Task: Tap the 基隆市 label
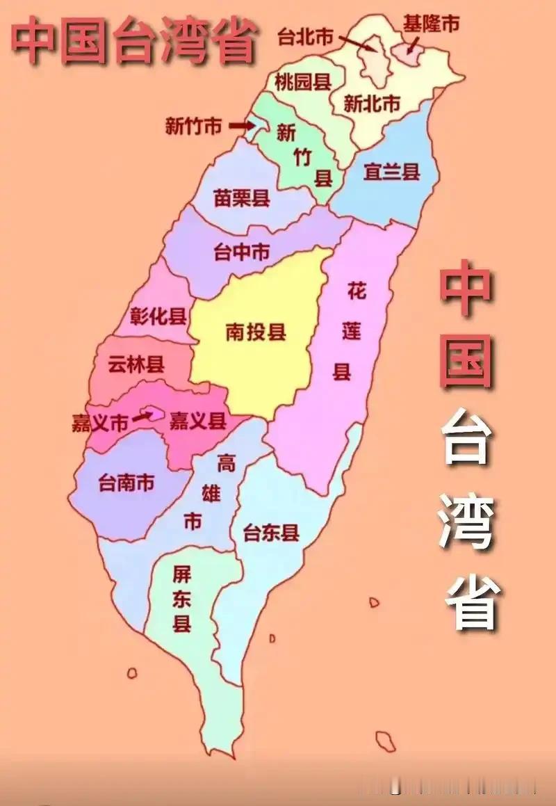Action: tap(431, 24)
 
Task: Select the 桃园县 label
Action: tap(302, 81)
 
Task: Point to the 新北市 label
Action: tap(372, 104)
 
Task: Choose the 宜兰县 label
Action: tap(392, 171)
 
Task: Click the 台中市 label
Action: tap(241, 252)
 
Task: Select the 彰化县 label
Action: tap(159, 317)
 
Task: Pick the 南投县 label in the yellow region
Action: tap(256, 332)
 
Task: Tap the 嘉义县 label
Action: tap(198, 420)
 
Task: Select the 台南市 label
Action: tap(126, 483)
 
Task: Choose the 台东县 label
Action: tap(271, 533)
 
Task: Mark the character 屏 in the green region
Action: tap(182, 574)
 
